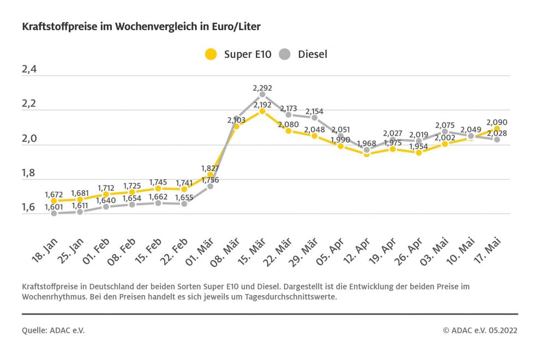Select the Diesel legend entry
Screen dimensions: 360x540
click(304, 54)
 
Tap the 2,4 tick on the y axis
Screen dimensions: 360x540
click(30, 70)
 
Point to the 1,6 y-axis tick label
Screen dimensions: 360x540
click(30, 207)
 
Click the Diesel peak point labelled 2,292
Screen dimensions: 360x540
click(262, 94)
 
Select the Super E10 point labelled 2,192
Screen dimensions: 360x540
click(262, 111)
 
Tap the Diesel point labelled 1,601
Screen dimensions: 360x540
click(53, 213)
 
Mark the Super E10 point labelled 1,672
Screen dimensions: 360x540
click(53, 201)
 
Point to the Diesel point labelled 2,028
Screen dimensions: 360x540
click(497, 140)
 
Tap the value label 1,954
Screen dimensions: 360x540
click(419, 146)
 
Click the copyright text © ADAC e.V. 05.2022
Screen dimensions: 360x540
click(480, 330)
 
